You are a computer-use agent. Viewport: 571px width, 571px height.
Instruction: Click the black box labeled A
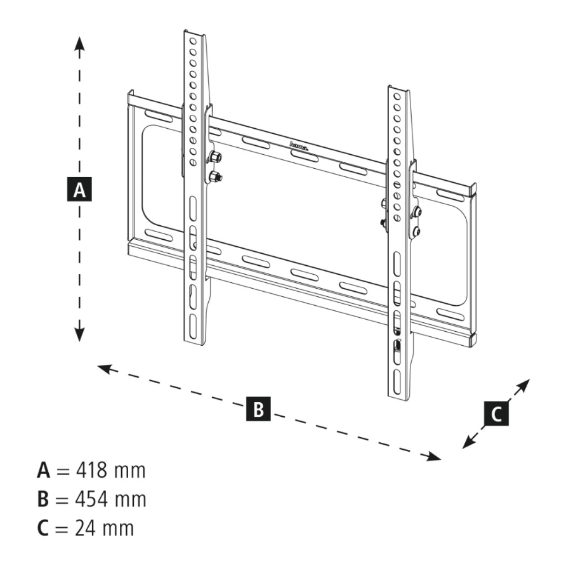[x=79, y=190]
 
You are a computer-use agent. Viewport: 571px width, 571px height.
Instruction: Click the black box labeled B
[x=258, y=409]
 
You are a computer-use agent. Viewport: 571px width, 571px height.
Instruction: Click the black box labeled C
[x=496, y=414]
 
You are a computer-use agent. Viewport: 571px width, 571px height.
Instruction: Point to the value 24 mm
[x=102, y=528]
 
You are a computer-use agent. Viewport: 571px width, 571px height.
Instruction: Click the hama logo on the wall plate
[x=299, y=146]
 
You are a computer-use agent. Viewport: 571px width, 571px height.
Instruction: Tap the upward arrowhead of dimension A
[x=79, y=42]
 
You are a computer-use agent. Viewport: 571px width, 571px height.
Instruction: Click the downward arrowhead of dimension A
[x=79, y=334]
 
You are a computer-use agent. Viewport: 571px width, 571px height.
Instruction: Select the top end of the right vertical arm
[x=398, y=89]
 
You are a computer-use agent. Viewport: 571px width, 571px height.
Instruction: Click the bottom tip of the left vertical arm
[x=196, y=343]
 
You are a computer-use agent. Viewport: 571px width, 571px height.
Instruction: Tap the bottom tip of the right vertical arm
[x=400, y=398]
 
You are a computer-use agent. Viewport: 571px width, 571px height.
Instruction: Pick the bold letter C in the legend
[x=43, y=528]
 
